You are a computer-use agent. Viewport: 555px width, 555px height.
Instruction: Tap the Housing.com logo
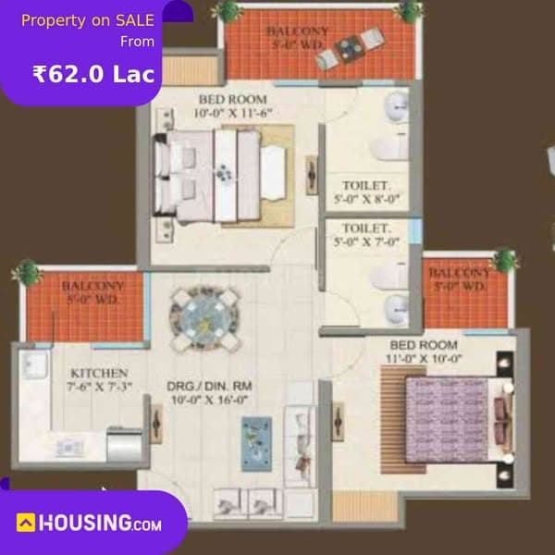pos(89,523)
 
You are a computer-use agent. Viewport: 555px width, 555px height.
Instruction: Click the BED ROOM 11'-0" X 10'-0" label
pos(424,351)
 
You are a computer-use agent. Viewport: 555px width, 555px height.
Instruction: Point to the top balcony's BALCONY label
pos(296,31)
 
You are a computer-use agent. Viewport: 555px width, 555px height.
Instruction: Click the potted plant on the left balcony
pos(27,272)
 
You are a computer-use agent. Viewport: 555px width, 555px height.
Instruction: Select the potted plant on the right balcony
pos(504,259)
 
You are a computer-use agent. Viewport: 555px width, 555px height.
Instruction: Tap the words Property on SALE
pos(87,20)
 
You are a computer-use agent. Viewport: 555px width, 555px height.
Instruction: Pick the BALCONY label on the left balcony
pos(94,286)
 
